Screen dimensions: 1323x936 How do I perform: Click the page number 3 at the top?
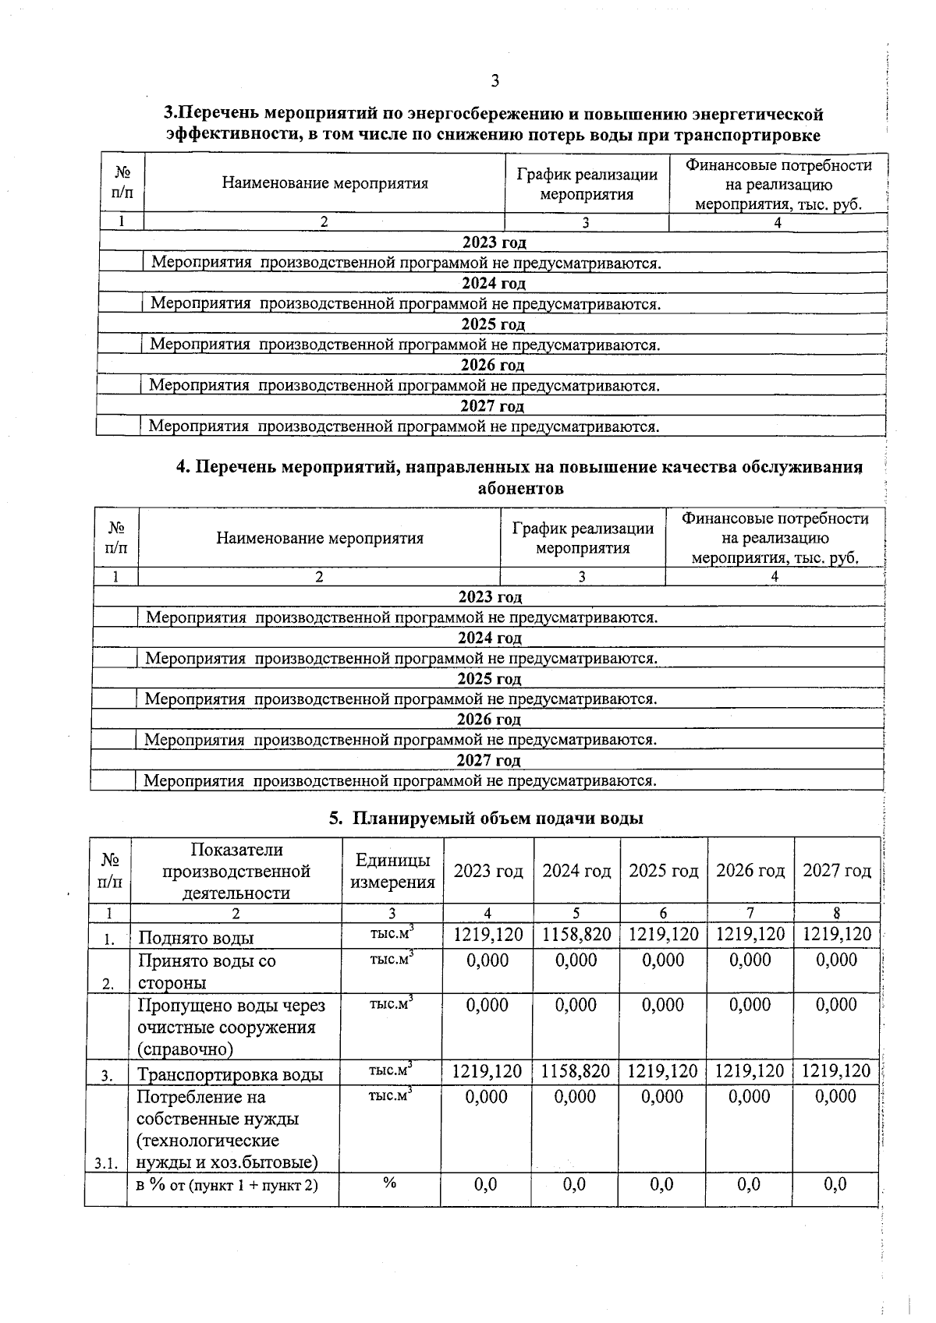(495, 81)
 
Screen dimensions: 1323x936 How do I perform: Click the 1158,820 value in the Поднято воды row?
(576, 935)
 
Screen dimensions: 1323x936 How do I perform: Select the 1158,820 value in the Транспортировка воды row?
(576, 1071)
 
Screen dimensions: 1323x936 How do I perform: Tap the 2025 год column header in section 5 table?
(664, 871)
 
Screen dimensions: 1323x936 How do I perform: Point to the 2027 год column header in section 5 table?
(837, 871)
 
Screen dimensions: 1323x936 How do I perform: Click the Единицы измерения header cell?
(392, 871)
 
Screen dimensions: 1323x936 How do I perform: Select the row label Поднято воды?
(196, 938)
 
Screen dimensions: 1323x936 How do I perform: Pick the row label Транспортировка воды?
(230, 1074)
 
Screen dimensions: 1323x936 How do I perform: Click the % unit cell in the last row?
(390, 1183)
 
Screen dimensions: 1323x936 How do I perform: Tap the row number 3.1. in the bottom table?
(106, 1164)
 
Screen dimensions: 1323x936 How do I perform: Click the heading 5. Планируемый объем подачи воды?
(486, 818)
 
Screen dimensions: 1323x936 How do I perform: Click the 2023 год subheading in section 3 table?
(494, 242)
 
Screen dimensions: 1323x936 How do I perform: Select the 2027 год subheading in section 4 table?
(488, 760)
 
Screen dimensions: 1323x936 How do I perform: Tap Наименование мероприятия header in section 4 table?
(320, 538)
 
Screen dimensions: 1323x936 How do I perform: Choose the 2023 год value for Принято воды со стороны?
(487, 960)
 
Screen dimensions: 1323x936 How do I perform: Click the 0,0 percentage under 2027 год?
(835, 1185)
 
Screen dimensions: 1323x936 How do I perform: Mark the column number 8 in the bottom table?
(835, 913)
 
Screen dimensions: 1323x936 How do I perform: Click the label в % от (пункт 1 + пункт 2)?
(227, 1186)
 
